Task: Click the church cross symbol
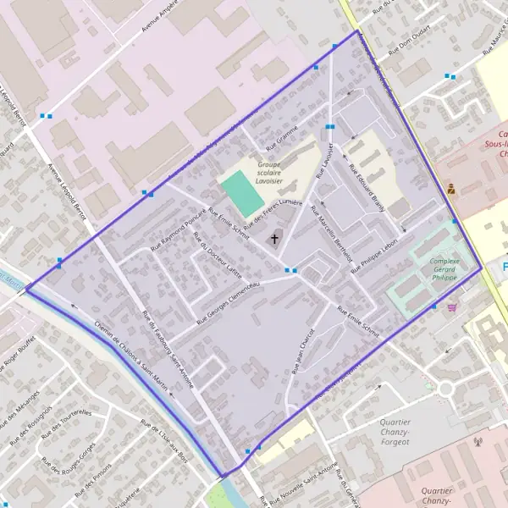[x=274, y=240]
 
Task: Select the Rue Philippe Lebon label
[x=374, y=253]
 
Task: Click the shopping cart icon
[x=452, y=307]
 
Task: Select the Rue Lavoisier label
[x=324, y=160]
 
